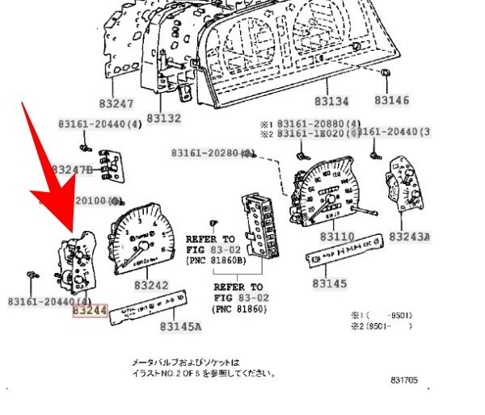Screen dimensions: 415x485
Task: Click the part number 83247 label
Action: pyautogui.click(x=117, y=104)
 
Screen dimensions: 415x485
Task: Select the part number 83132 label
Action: pyautogui.click(x=162, y=118)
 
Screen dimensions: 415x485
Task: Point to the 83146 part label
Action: pyautogui.click(x=391, y=101)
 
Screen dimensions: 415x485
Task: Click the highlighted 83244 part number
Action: pyautogui.click(x=91, y=309)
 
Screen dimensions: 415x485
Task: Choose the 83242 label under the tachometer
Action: pyautogui.click(x=151, y=286)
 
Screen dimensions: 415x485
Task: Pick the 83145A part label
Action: pyautogui.click(x=180, y=327)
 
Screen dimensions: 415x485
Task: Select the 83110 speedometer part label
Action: pyautogui.click(x=337, y=237)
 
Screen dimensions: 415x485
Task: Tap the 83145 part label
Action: pyautogui.click(x=330, y=284)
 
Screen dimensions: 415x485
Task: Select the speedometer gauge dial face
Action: pyautogui.click(x=327, y=194)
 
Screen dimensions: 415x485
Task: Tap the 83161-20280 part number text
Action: pyautogui.click(x=205, y=153)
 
